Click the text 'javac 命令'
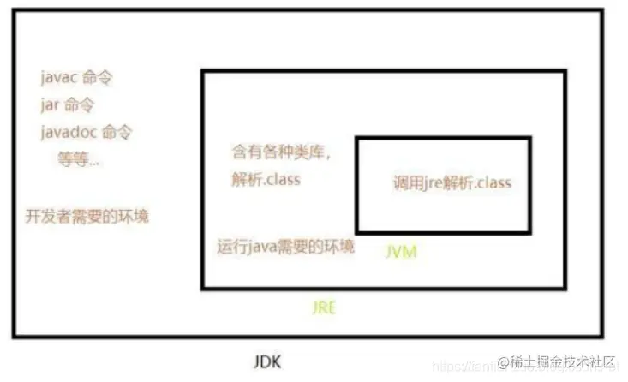pyautogui.click(x=76, y=78)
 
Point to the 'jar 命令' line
pyautogui.click(x=67, y=105)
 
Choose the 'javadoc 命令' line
pyautogui.click(x=86, y=133)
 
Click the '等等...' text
pyautogui.click(x=78, y=160)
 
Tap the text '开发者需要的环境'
pyautogui.click(x=87, y=215)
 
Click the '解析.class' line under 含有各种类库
pyautogui.click(x=266, y=181)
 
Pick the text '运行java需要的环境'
pyautogui.click(x=285, y=246)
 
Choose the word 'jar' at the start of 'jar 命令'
pyautogui.click(x=50, y=105)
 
